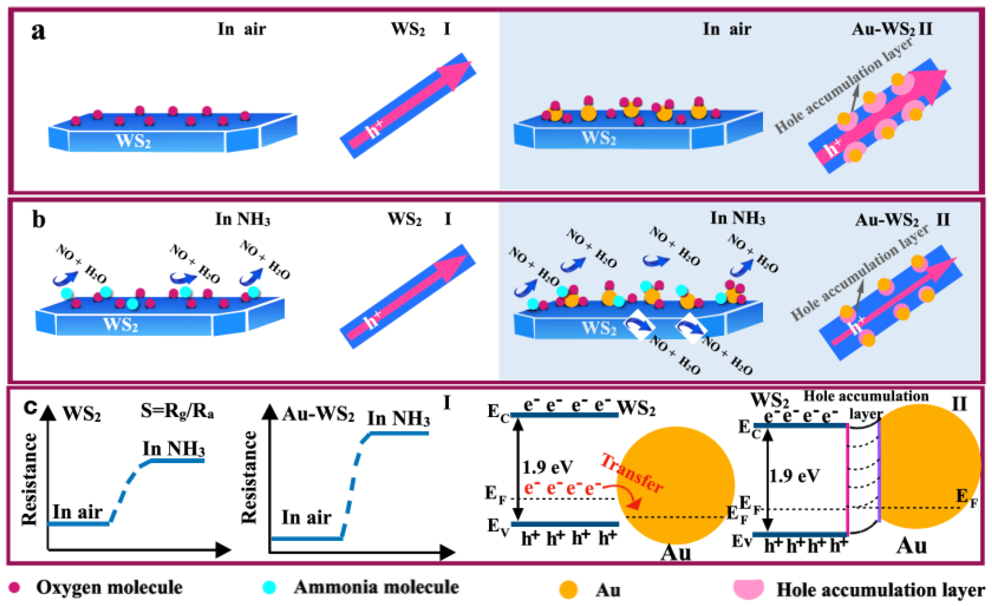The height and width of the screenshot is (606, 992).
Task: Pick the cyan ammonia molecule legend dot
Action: (269, 587)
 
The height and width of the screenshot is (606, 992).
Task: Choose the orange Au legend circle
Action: (568, 590)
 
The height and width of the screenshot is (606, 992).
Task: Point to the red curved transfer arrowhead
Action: (635, 504)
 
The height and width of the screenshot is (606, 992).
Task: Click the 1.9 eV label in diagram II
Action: (794, 476)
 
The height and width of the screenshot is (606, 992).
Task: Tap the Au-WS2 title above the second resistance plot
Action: (318, 414)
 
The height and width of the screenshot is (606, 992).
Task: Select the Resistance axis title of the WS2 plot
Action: (29, 479)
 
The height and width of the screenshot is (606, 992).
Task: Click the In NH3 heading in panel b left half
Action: (243, 219)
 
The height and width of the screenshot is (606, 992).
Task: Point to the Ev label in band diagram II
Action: (742, 541)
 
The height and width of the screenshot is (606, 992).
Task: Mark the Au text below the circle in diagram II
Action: (911, 546)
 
